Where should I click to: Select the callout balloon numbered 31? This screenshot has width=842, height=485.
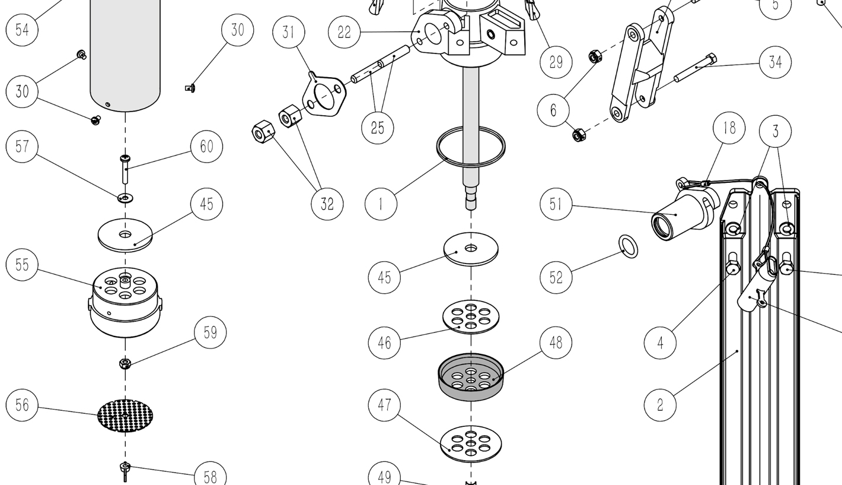pos(289,32)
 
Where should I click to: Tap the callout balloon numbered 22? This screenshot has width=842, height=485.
pos(345,32)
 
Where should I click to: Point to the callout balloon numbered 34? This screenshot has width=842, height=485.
pos(775,62)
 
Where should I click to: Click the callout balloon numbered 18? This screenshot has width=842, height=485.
pos(729,128)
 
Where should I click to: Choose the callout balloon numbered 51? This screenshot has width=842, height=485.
pos(556,204)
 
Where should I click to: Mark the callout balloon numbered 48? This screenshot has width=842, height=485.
pos(556,343)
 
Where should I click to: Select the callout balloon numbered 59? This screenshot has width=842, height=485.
pos(210,332)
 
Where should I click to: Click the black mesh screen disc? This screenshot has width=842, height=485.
pos(125,416)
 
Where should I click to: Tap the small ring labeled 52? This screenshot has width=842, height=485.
pos(629,246)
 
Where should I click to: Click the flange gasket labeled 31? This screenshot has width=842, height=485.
pos(324,96)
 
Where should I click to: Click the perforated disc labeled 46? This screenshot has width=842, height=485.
pos(471,316)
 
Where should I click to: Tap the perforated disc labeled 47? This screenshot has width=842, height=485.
pos(471,443)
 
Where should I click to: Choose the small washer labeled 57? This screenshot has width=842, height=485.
pos(125,197)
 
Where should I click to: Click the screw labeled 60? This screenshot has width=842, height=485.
pos(126,169)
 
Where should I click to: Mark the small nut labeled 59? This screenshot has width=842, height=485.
pos(125,363)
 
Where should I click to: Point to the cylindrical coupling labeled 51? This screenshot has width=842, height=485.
pos(682,214)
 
